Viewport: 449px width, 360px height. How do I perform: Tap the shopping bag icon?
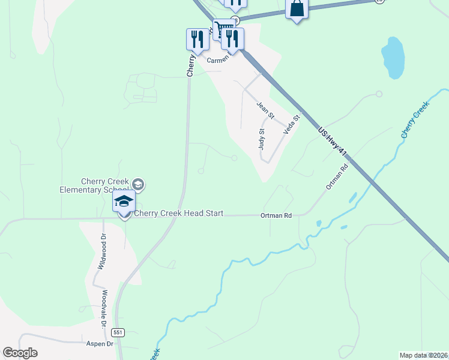click(x=297, y=9)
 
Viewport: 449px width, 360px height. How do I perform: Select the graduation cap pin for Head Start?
click(x=124, y=202)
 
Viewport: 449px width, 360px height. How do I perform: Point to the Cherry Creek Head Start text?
click(x=178, y=213)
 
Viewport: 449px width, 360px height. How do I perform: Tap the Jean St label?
click(x=265, y=110)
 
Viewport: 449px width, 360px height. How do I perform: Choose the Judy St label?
click(x=262, y=139)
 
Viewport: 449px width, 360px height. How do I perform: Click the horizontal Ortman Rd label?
click(x=276, y=215)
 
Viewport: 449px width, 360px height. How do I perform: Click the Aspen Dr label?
click(x=101, y=344)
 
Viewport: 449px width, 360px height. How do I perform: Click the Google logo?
click(x=20, y=353)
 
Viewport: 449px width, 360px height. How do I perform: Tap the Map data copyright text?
click(x=424, y=355)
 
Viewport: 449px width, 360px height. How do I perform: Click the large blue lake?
click(x=393, y=58)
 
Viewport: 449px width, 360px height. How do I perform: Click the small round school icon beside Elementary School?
click(x=138, y=184)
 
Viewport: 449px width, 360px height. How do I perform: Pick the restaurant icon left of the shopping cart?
click(x=195, y=39)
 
